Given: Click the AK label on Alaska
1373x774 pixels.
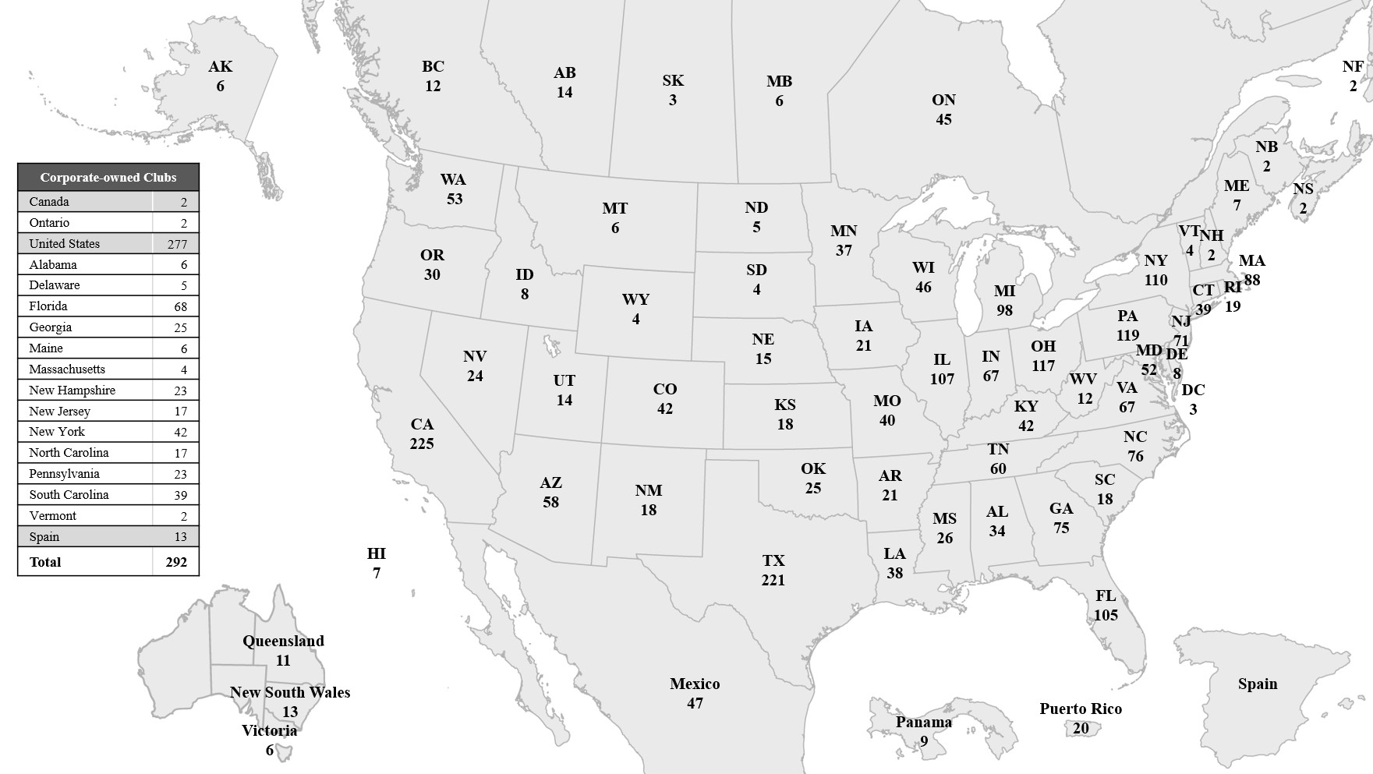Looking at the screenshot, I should click(x=221, y=67).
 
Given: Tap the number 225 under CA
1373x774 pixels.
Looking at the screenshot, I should click(x=422, y=444).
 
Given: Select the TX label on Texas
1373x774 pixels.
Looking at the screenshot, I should click(x=773, y=560).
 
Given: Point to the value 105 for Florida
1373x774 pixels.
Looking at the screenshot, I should click(x=1106, y=615).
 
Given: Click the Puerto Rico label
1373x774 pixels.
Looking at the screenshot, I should click(x=1080, y=709).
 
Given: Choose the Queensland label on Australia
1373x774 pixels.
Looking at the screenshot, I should click(x=283, y=641).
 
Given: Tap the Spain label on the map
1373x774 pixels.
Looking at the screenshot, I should click(x=1258, y=684).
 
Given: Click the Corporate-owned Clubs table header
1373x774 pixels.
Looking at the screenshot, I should click(x=108, y=177).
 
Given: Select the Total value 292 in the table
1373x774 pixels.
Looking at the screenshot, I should click(x=176, y=562).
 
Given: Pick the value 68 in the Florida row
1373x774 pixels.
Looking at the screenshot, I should click(x=180, y=306).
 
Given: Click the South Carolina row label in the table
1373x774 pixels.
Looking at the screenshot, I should click(x=69, y=494).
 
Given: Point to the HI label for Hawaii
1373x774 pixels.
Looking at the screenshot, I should click(x=377, y=553).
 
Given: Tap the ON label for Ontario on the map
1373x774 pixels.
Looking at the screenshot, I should click(x=943, y=100).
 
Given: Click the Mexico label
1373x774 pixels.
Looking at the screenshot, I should click(x=695, y=684).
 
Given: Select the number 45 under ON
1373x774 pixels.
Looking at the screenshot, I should click(x=943, y=119).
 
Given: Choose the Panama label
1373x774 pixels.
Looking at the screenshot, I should click(x=924, y=722).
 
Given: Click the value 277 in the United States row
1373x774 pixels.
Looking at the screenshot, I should click(x=177, y=244).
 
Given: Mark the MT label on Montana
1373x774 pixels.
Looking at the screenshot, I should click(x=614, y=208).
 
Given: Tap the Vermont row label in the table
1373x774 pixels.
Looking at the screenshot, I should click(x=52, y=515).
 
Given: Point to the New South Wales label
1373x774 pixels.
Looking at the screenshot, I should click(x=290, y=692).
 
